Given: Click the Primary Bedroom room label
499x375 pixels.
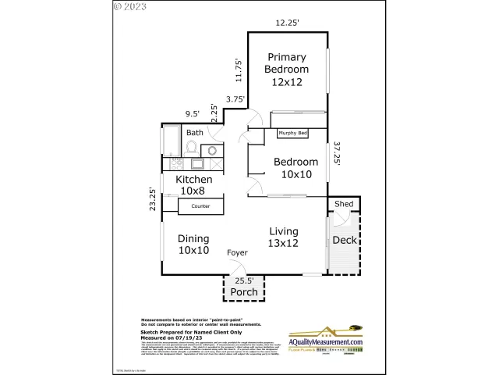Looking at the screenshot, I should (287, 69).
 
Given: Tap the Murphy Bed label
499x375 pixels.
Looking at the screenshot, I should (293, 134).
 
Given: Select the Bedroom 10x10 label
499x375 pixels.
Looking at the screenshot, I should (296, 168).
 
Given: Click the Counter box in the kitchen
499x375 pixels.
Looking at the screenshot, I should (201, 206).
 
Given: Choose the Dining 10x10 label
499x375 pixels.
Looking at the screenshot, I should (193, 245).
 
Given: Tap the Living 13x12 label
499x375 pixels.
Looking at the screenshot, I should (284, 237).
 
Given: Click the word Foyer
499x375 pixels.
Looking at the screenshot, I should (238, 253).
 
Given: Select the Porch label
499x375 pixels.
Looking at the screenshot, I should (243, 292).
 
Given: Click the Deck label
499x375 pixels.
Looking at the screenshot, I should (344, 240).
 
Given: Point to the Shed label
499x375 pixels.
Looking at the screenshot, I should (344, 204).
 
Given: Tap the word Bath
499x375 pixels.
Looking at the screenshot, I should (194, 133).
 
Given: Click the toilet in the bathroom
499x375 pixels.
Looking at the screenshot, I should (192, 146).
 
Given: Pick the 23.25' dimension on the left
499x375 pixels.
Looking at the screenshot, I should (153, 199).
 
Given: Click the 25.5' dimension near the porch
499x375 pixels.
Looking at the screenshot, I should (244, 280).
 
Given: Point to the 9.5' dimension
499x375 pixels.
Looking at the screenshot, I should (192, 114).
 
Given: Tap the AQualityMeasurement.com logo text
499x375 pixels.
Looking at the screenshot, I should (327, 342).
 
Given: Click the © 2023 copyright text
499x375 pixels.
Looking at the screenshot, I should (130, 6).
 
